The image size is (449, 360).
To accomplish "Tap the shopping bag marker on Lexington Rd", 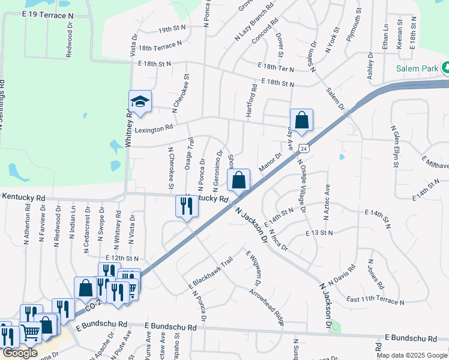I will (x=301, y=119).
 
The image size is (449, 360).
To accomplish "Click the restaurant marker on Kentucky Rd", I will (x=187, y=206).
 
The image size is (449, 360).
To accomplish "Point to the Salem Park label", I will (x=417, y=68).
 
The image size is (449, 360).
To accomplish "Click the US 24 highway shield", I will (x=304, y=148).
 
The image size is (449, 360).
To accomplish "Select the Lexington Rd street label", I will (x=153, y=128).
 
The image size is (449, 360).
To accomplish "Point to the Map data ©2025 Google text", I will (x=411, y=355).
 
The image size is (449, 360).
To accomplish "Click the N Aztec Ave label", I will (x=328, y=195).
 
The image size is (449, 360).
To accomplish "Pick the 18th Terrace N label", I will (x=160, y=46).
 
